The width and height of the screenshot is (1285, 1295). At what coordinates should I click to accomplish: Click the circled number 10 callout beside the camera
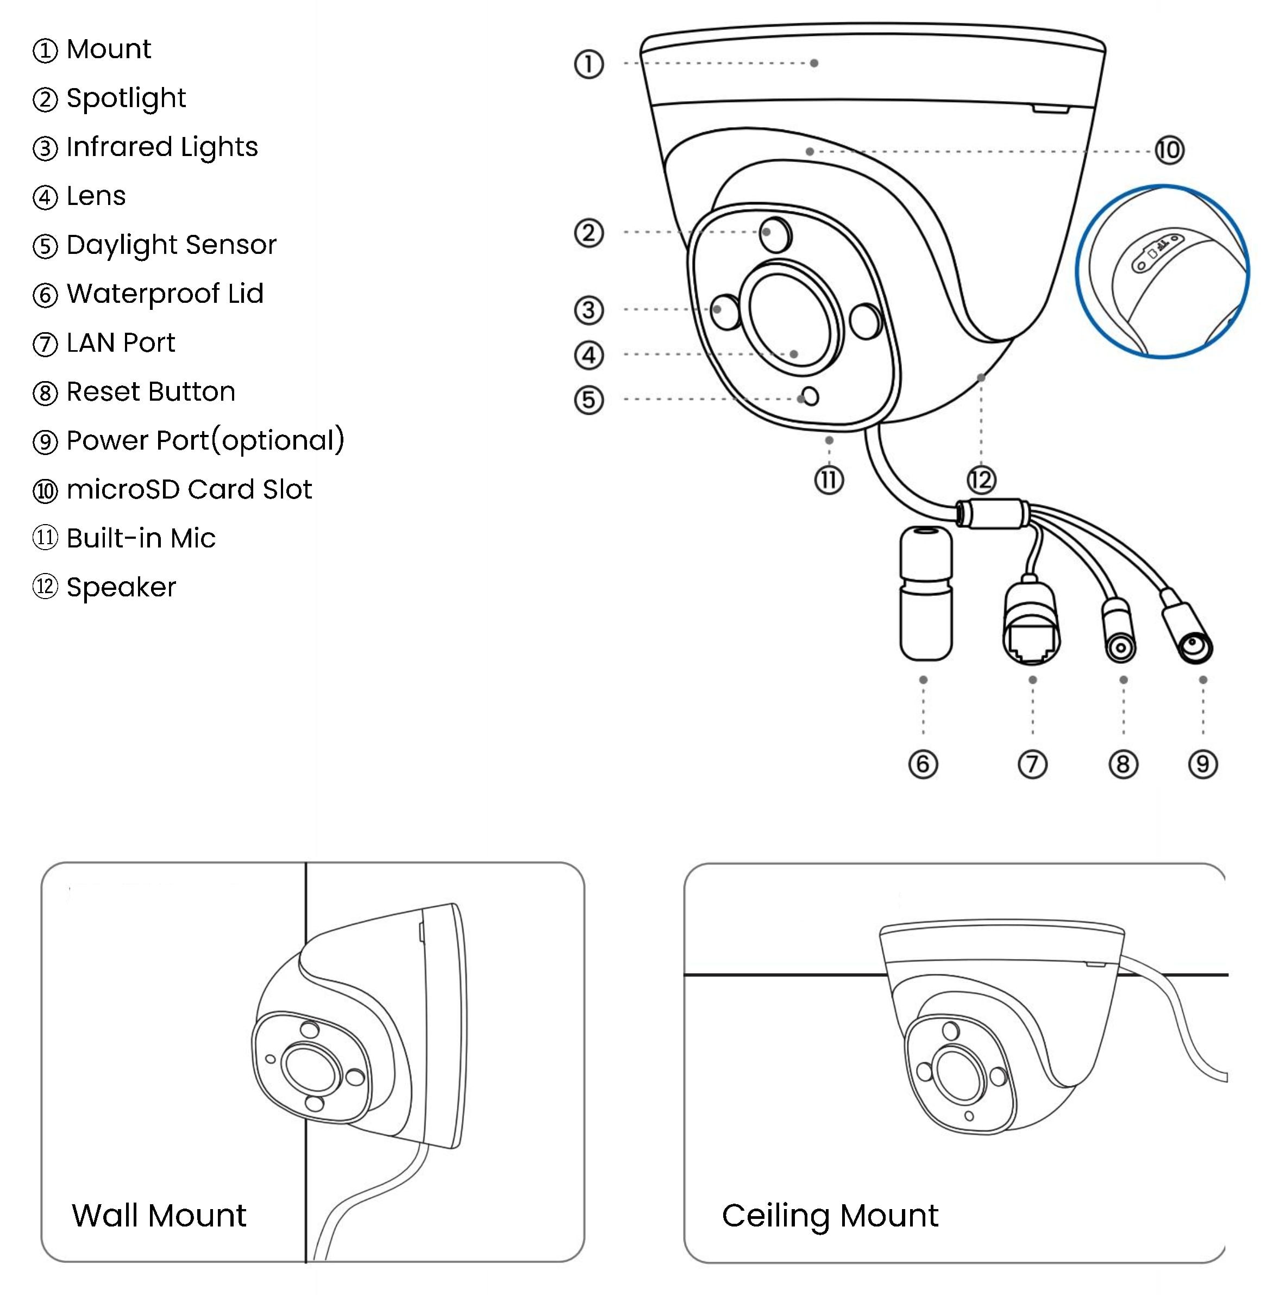[x=1169, y=150]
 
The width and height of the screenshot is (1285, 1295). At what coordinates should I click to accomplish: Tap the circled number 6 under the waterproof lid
[x=923, y=764]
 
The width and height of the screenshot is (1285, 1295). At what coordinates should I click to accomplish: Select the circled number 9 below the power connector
[x=1202, y=764]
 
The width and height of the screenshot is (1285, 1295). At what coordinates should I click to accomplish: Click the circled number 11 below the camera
[x=829, y=480]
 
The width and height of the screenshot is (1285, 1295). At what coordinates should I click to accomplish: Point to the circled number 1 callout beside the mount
[x=589, y=64]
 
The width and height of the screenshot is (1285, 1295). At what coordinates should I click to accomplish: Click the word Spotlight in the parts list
[x=126, y=98]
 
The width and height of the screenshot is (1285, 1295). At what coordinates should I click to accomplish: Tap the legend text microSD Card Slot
[x=189, y=489]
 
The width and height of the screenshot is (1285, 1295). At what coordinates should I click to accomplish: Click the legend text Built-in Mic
[x=141, y=538]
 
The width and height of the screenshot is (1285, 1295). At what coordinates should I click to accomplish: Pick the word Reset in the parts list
[x=97, y=391]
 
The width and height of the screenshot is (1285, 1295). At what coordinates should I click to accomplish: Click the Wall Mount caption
[x=159, y=1215]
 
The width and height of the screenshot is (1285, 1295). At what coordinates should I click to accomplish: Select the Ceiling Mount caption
[x=830, y=1215]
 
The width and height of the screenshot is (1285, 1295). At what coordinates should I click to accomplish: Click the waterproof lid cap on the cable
[x=925, y=593]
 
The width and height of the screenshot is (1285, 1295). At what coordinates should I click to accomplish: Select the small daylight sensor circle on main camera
[x=811, y=397]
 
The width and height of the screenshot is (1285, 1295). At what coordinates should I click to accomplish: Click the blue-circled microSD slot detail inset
[x=1162, y=271]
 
